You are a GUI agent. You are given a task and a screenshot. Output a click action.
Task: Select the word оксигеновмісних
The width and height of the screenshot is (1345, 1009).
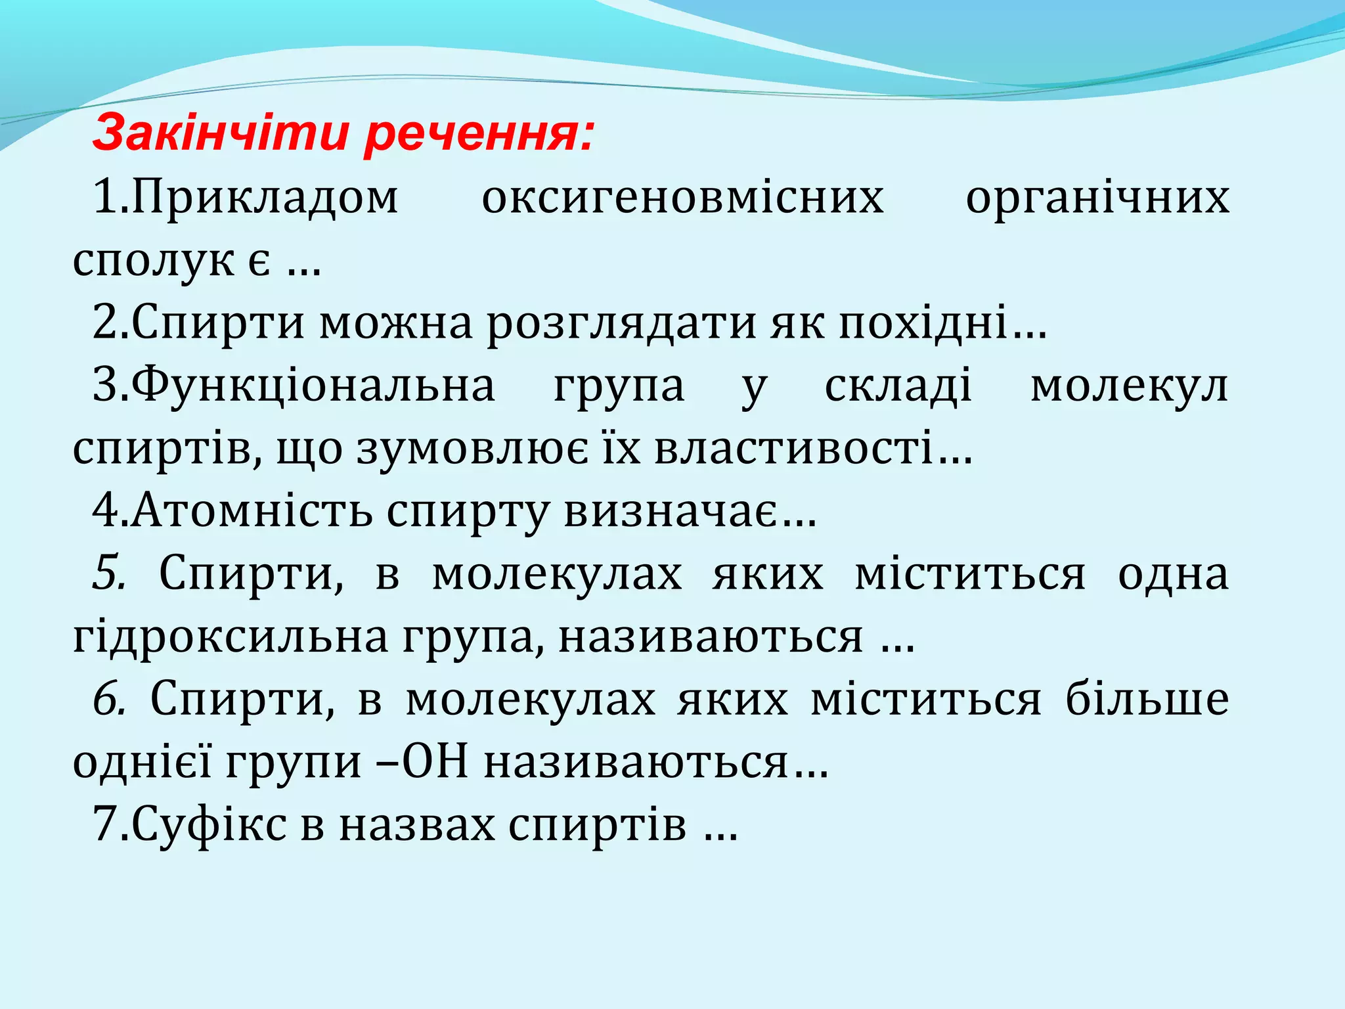pos(682,198)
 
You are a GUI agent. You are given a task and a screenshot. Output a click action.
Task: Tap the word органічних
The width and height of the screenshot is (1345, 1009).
pos(1097,198)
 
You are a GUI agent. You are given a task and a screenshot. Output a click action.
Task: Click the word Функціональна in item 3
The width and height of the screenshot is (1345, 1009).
pos(313,387)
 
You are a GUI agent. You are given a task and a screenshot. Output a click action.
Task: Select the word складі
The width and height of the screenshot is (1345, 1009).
pos(898,387)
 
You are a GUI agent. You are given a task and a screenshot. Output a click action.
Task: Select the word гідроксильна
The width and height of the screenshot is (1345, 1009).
pos(231,637)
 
